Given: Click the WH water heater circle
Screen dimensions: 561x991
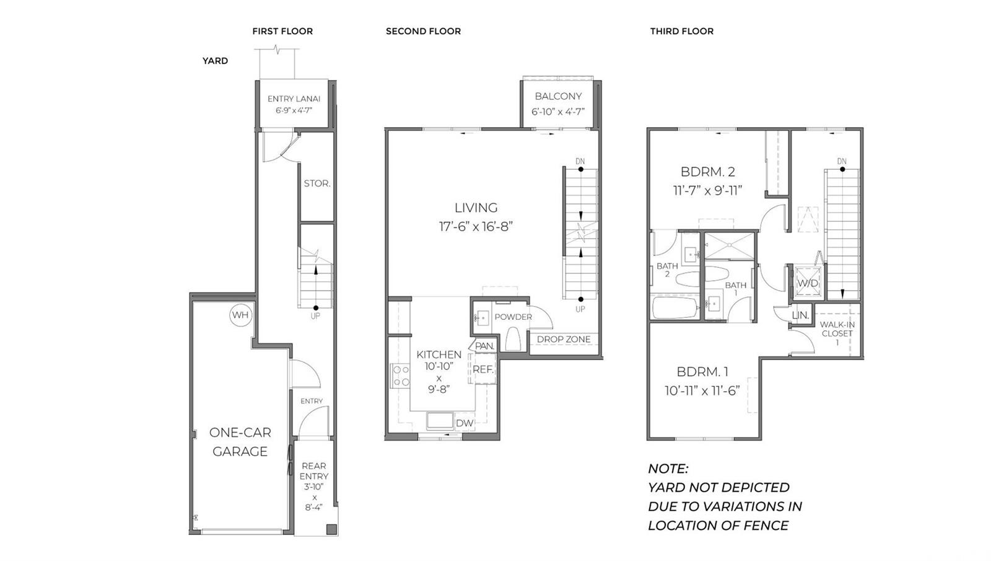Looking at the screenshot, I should pyautogui.click(x=240, y=315).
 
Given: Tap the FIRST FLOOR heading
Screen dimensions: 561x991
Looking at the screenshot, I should pyautogui.click(x=282, y=31).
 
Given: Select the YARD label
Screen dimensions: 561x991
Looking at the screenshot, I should pyautogui.click(x=215, y=61).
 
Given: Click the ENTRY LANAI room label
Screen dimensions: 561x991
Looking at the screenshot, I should pyautogui.click(x=294, y=99).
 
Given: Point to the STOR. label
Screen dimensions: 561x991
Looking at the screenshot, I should pyautogui.click(x=317, y=183).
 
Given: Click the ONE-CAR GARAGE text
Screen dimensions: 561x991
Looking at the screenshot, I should pyautogui.click(x=240, y=442).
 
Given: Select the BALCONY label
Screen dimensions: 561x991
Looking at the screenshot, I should pyautogui.click(x=558, y=96).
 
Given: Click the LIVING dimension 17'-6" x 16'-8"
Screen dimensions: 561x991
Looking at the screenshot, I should pyautogui.click(x=476, y=227).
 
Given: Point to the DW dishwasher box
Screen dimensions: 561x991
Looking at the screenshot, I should pyautogui.click(x=465, y=423).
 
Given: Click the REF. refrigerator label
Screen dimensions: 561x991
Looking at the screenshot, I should pyautogui.click(x=483, y=369).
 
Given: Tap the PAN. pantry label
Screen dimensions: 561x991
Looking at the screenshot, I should pyautogui.click(x=484, y=346).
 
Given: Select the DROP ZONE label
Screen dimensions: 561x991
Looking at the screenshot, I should pyautogui.click(x=564, y=339).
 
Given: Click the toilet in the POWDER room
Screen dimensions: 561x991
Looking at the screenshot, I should pyautogui.click(x=513, y=338).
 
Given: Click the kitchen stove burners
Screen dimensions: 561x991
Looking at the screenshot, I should pyautogui.click(x=401, y=376).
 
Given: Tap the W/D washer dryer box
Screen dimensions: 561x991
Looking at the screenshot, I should pyautogui.click(x=807, y=283).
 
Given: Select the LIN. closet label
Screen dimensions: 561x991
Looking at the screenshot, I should pyautogui.click(x=800, y=315).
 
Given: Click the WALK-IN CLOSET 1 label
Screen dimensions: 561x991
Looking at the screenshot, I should pyautogui.click(x=837, y=333).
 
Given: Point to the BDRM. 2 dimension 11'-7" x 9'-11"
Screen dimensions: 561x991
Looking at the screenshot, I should pyautogui.click(x=707, y=191).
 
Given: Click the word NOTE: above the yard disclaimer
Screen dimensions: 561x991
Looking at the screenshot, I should pyautogui.click(x=668, y=469).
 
